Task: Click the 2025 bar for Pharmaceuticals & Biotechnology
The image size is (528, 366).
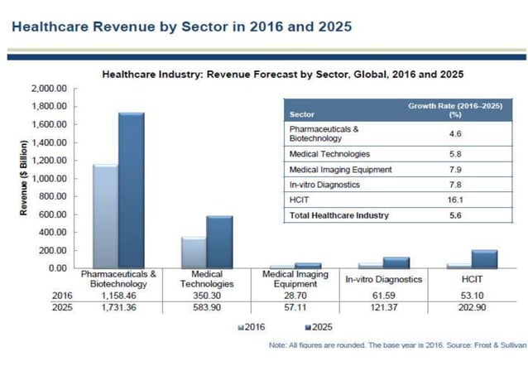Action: [x=132, y=190]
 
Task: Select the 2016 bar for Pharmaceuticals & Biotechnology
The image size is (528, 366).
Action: [x=104, y=216]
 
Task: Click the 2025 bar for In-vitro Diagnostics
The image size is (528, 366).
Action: [x=396, y=262]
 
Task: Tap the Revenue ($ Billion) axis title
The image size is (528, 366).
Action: [x=24, y=178]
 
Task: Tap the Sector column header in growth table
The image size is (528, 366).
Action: [x=300, y=113]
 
